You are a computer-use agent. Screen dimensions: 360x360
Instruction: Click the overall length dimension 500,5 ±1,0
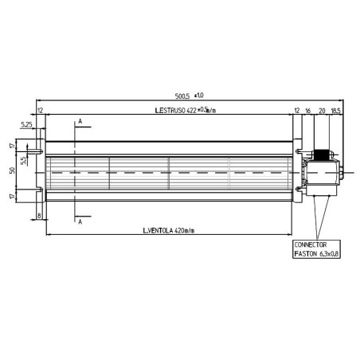click(186, 95)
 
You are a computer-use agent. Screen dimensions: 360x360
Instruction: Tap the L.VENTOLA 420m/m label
click(169, 232)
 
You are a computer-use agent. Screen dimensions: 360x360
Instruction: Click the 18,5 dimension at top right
click(335, 110)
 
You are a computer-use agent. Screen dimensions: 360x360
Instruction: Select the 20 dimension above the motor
click(322, 110)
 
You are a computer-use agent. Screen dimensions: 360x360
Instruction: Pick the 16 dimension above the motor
click(308, 110)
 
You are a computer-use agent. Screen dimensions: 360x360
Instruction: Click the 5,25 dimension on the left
click(27, 125)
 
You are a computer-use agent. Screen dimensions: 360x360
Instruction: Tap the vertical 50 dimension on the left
click(13, 170)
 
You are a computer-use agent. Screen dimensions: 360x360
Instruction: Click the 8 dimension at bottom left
click(38, 215)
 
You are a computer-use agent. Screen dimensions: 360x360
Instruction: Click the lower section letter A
click(80, 222)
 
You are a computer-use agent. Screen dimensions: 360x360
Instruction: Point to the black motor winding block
click(322, 156)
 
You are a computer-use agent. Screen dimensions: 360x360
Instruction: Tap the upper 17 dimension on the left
click(13, 146)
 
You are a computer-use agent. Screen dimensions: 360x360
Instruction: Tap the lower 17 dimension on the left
click(13, 195)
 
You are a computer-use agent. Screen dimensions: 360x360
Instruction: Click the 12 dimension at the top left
click(40, 110)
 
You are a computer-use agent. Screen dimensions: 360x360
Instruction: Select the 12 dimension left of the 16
click(296, 110)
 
